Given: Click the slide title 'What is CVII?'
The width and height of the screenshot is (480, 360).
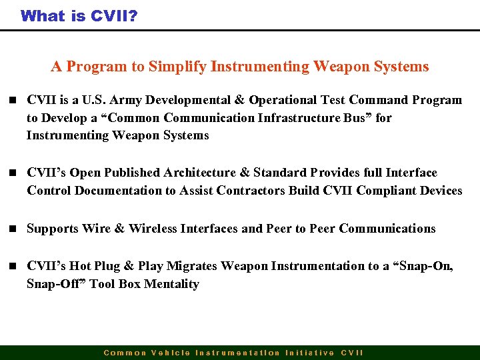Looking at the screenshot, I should point(79,15).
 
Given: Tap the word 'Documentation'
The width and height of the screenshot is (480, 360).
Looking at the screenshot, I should point(119,191).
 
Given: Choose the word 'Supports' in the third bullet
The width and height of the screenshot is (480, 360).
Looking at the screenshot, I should point(52,229).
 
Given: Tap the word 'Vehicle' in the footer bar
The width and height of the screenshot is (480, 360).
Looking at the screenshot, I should point(171,353).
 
